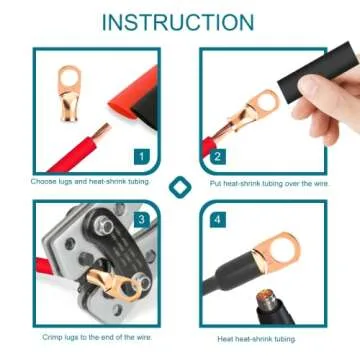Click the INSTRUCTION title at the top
pos(179,22)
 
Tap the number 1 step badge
pos(142,156)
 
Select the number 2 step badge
pos(217,156)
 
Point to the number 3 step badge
pos(142,218)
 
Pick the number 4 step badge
pos(217,218)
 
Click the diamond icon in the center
pos(180,187)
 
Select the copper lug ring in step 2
pos(263,104)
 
